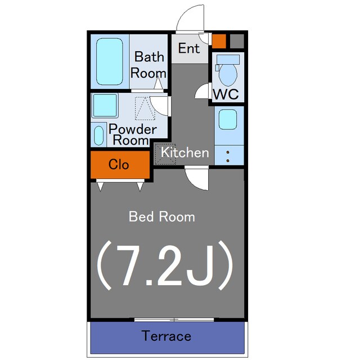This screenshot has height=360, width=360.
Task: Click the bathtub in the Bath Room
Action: [x=110, y=61]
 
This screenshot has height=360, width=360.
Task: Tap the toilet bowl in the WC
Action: [x=228, y=74]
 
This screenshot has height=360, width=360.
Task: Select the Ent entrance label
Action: [x=189, y=48]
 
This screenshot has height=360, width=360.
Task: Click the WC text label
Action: [x=226, y=94]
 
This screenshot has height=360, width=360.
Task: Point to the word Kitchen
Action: [x=185, y=152]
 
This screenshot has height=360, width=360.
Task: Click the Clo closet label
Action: [x=119, y=164]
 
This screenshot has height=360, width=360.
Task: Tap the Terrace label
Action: [x=166, y=336]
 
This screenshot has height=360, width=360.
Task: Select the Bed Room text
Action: [x=162, y=217]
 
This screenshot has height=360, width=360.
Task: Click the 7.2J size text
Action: [x=165, y=265]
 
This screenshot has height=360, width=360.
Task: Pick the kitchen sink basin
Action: [x=227, y=119]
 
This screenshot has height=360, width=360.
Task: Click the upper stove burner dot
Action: [x=228, y=152]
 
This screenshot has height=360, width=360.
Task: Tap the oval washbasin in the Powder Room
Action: [x=99, y=136]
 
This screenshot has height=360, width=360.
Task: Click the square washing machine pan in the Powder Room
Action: [x=105, y=105]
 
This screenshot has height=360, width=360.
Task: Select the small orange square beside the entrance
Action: [x=219, y=41]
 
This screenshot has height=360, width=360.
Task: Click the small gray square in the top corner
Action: [x=237, y=41]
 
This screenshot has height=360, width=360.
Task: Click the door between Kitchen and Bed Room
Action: [x=197, y=178]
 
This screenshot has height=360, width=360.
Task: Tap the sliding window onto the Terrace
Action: [x=174, y=319]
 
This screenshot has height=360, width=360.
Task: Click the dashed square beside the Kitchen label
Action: [x=165, y=154]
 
